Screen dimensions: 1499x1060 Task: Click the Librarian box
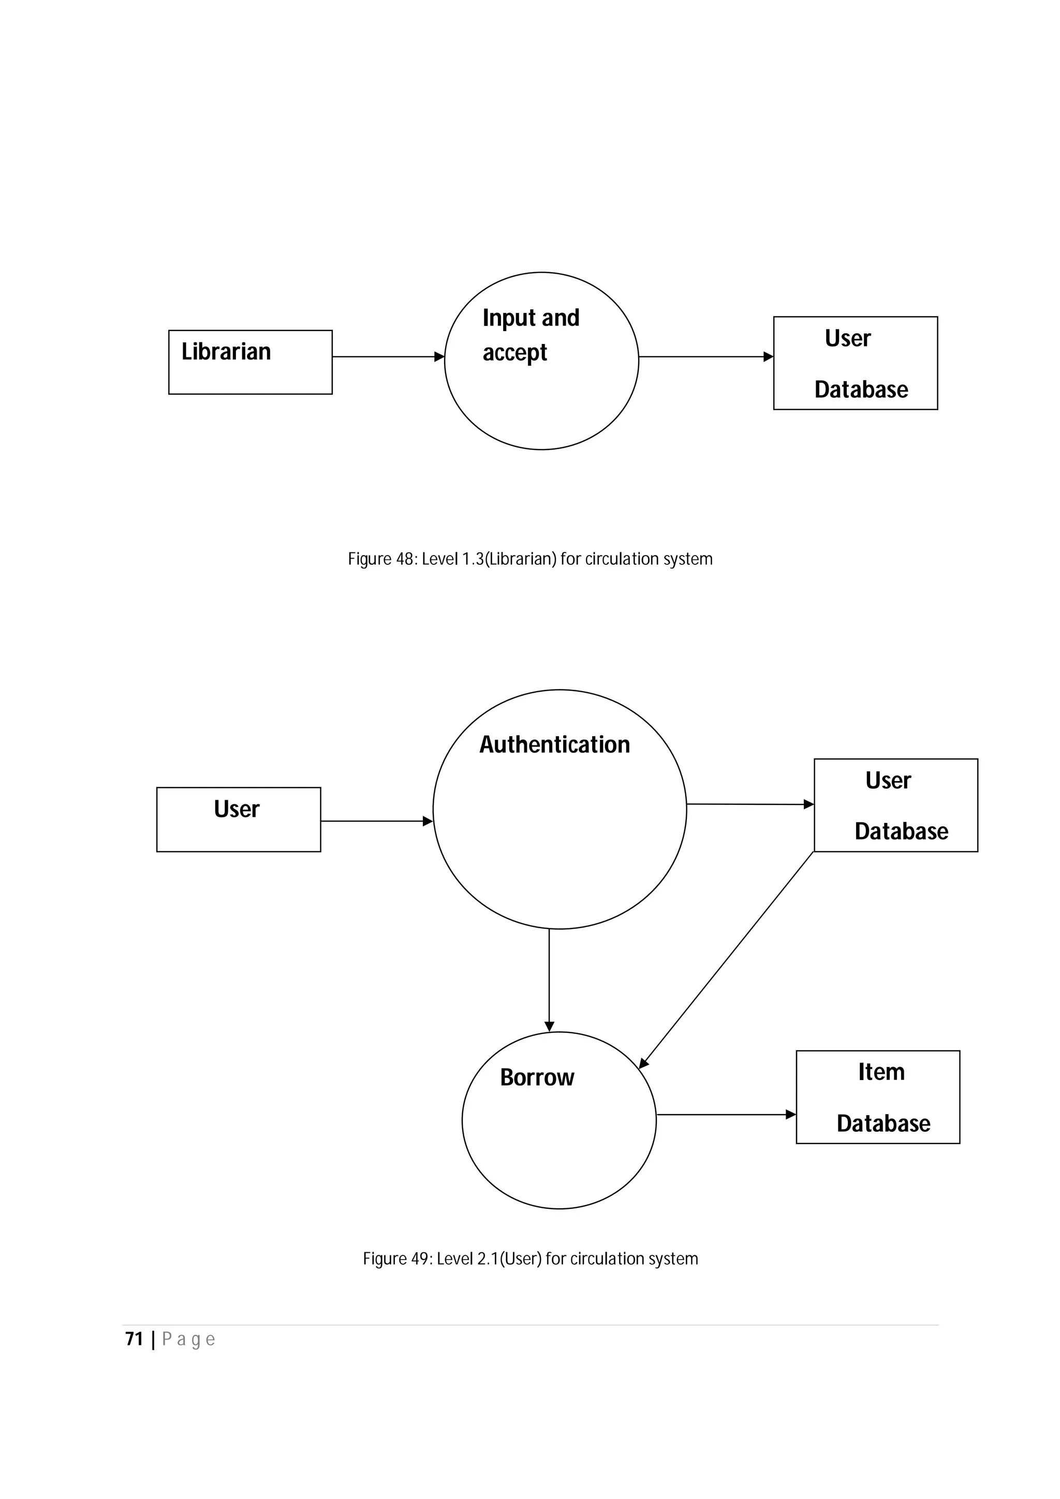point(250,363)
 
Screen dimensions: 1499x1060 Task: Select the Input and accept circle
point(541,361)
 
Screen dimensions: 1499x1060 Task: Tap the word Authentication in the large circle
point(554,745)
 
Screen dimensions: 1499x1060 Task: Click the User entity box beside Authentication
point(239,819)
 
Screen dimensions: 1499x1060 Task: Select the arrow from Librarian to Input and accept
point(388,357)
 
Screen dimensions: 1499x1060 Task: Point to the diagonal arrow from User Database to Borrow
point(726,960)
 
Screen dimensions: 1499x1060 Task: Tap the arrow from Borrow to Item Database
point(725,1115)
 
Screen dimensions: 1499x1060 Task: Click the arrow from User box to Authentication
point(376,821)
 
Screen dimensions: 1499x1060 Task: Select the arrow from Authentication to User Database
point(750,804)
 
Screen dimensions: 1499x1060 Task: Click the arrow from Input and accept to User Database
point(705,357)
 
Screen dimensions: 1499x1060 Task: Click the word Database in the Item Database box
point(883,1123)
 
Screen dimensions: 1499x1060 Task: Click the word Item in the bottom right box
point(881,1072)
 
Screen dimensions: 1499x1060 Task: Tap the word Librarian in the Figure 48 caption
point(521,560)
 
